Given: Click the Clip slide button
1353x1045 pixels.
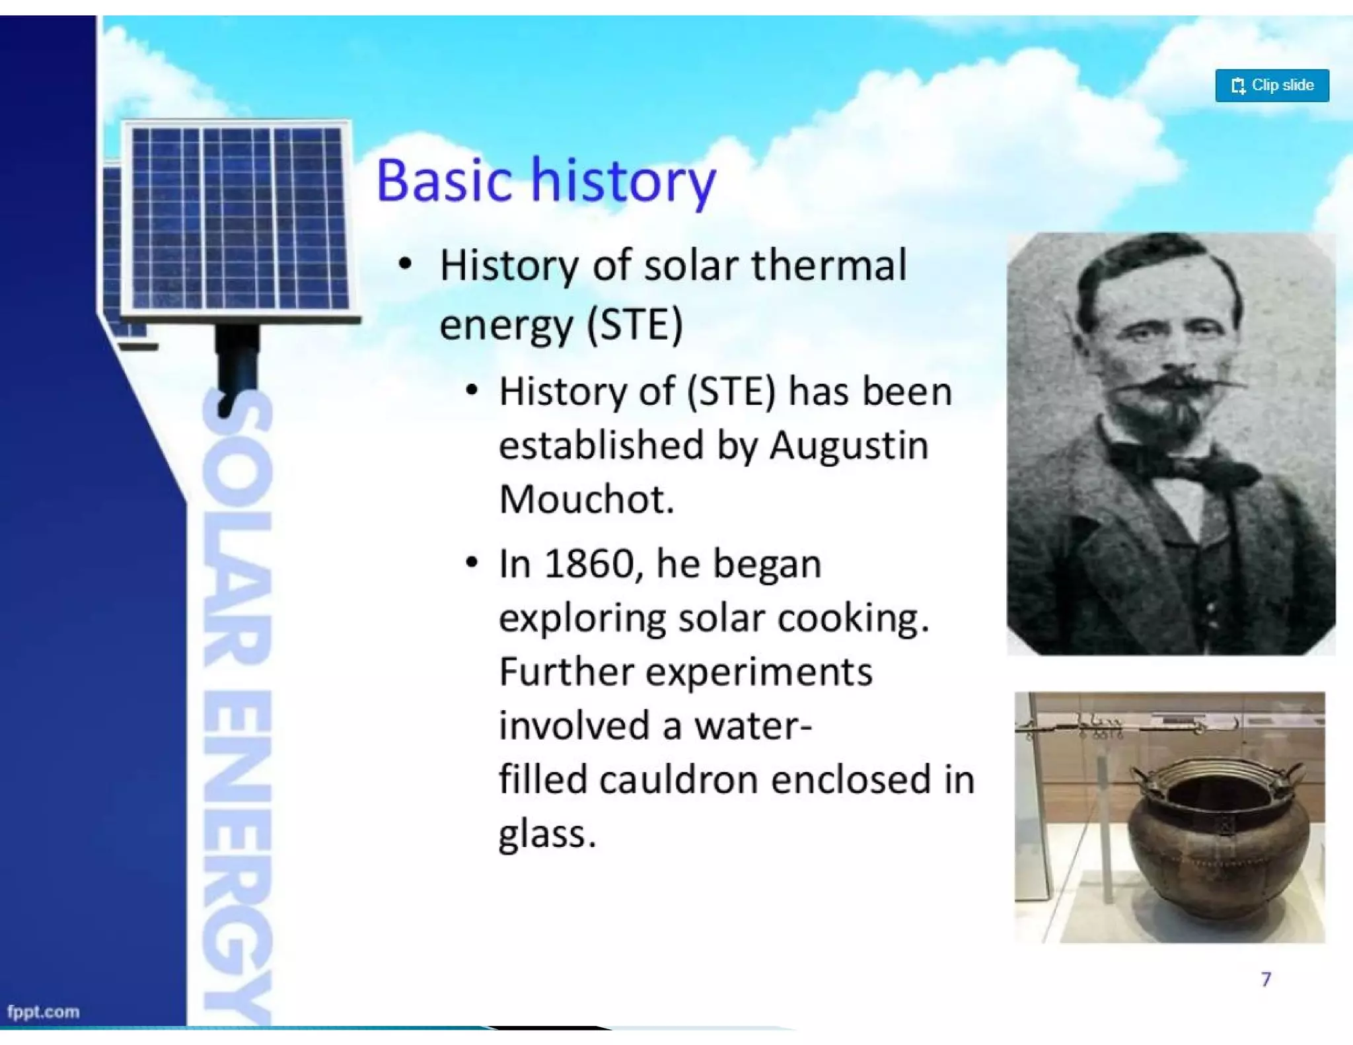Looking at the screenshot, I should (1271, 85).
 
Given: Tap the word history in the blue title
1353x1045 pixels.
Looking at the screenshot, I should (623, 180).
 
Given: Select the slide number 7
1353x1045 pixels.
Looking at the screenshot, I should (1265, 978).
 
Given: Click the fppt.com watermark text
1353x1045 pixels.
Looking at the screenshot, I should (43, 1011).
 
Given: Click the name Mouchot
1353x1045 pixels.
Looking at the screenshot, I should (585, 499).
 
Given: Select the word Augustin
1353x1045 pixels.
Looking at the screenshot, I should (848, 447).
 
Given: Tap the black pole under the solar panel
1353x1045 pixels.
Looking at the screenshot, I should (236, 363).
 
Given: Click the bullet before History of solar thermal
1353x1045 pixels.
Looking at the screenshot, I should (405, 265).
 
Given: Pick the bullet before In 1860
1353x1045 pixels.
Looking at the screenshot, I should (470, 563).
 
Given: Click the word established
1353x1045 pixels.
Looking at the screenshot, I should (601, 445).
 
